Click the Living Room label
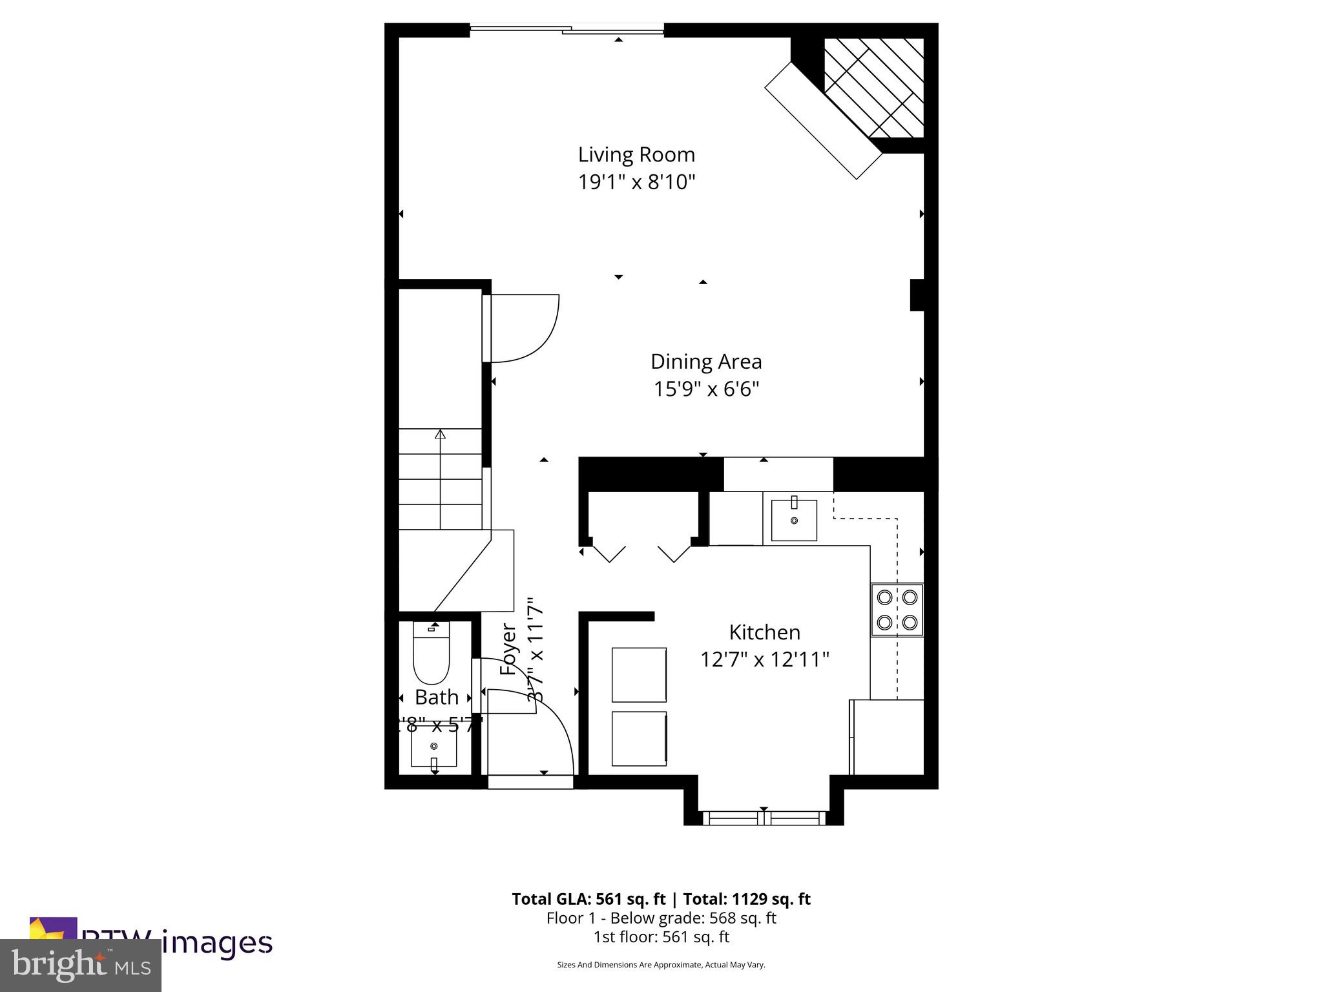(636, 155)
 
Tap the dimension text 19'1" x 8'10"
(636, 183)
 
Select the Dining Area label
(705, 362)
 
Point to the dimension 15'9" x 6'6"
(705, 389)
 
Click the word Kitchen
(764, 632)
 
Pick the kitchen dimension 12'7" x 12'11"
(764, 660)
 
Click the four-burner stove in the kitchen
(897, 610)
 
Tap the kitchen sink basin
(794, 520)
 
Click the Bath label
(437, 697)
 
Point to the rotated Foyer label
(509, 650)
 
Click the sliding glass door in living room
(567, 29)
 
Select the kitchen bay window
(764, 818)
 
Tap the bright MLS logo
(81, 966)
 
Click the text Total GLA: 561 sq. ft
(587, 899)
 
